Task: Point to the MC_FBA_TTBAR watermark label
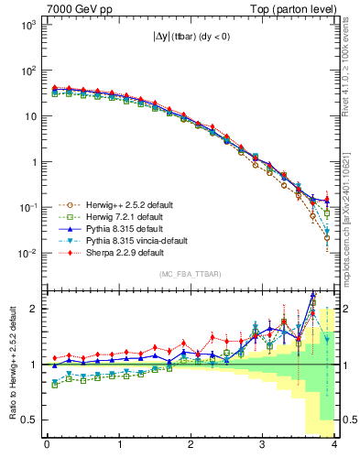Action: coord(189,274)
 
